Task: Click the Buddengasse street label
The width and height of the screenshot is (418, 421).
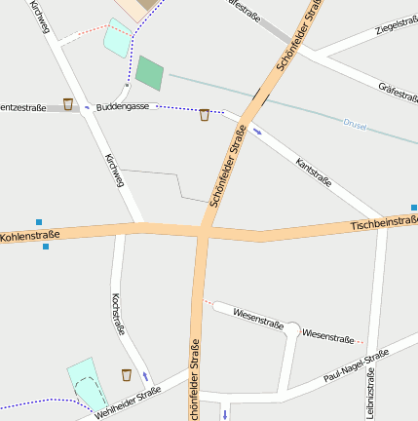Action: click(x=122, y=105)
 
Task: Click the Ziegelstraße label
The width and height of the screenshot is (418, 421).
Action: click(x=395, y=22)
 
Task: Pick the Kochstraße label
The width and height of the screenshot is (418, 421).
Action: click(x=117, y=314)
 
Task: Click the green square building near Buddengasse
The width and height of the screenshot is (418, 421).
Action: click(x=149, y=72)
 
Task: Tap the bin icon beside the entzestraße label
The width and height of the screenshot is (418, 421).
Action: click(x=68, y=104)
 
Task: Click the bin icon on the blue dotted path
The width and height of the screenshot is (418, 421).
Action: click(x=204, y=115)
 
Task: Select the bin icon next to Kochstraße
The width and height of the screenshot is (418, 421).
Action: click(x=127, y=375)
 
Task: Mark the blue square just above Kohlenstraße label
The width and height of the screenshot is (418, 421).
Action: click(x=39, y=222)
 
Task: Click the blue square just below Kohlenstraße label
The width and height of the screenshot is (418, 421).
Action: click(x=46, y=247)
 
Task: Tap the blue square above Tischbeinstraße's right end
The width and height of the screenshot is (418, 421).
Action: click(x=414, y=207)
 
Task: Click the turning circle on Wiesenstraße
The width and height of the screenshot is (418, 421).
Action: click(x=290, y=330)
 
